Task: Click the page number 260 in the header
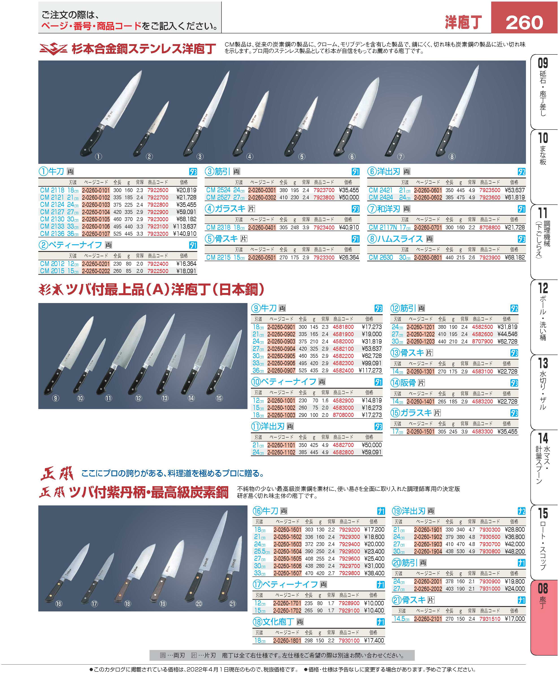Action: pyautogui.click(x=524, y=22)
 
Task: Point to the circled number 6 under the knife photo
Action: pyautogui.click(x=352, y=157)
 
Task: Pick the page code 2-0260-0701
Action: pyautogui.click(x=428, y=227)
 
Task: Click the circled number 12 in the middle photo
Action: pyautogui.click(x=139, y=399)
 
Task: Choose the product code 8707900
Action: pyautogui.click(x=482, y=342)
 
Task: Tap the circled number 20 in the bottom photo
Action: pyautogui.click(x=199, y=604)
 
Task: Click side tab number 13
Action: pyautogui.click(x=543, y=363)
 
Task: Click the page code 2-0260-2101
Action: pyautogui.click(x=428, y=619)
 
